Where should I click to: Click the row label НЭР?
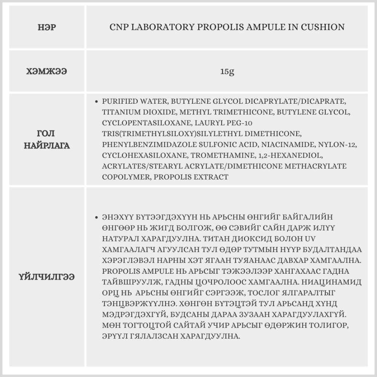click(48, 28)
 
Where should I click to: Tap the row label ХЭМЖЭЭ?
click(48, 71)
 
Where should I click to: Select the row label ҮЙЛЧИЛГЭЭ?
click(48, 277)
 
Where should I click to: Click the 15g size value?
click(227, 71)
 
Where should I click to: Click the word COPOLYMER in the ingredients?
click(126, 177)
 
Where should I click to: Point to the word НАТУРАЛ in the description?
click(120, 239)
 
